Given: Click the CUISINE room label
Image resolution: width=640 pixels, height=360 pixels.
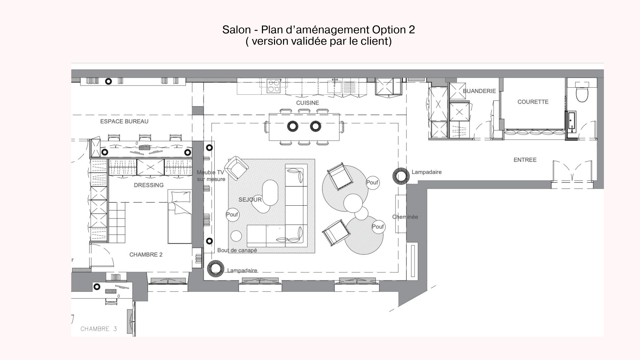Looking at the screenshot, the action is point(307,103).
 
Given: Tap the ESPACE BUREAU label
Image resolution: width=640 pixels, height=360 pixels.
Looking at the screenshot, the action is point(124,121).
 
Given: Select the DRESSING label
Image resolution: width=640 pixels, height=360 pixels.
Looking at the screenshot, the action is point(149,185).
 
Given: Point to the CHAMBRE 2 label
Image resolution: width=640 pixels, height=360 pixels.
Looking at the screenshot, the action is point(146,255).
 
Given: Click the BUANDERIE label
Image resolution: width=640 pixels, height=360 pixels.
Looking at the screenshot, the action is point(479,91).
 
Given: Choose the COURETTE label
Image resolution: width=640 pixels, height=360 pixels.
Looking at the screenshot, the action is point(533,102).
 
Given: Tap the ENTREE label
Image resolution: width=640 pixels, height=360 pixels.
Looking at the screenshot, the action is point(525,160).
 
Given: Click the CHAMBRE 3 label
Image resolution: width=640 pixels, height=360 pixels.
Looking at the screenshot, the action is point(99,329).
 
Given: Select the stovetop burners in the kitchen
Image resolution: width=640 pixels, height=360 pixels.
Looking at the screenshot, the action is point(274,86).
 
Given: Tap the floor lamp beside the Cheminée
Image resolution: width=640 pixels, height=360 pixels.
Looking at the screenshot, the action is point(401,175).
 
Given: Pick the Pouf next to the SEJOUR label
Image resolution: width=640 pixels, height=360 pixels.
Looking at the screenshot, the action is point(232,215).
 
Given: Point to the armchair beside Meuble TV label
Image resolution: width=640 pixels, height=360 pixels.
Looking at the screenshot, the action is point(236,168).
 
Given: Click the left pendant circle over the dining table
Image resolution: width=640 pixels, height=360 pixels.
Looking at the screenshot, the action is point(293,126).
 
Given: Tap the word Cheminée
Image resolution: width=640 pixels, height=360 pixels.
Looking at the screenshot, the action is point(405,217).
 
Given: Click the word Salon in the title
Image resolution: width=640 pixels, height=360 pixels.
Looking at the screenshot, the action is point(236,30).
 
